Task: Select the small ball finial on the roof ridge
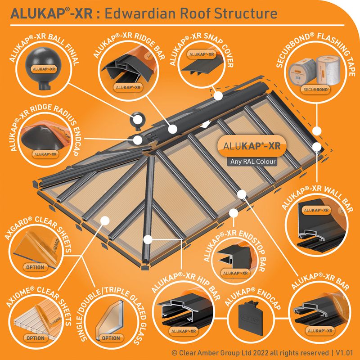(x=136, y=121)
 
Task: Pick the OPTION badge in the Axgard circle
(x=35, y=267)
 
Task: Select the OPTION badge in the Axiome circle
(x=35, y=337)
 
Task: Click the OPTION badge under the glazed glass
(x=111, y=337)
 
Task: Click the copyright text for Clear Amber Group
(x=245, y=353)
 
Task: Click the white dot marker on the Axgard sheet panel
(x=105, y=220)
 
